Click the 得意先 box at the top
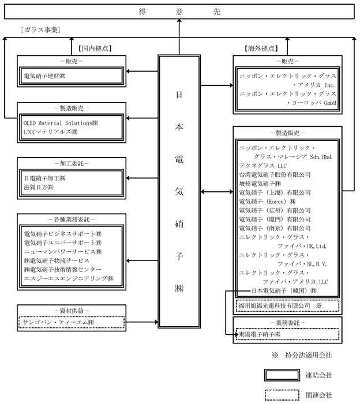[x=179, y=12]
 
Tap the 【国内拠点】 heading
[x=95, y=48]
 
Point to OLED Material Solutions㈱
[x=61, y=123]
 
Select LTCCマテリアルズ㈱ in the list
[x=48, y=132]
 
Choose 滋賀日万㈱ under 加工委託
[x=39, y=187]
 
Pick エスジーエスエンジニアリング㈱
[x=68, y=278]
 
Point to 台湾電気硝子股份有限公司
[x=275, y=175]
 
